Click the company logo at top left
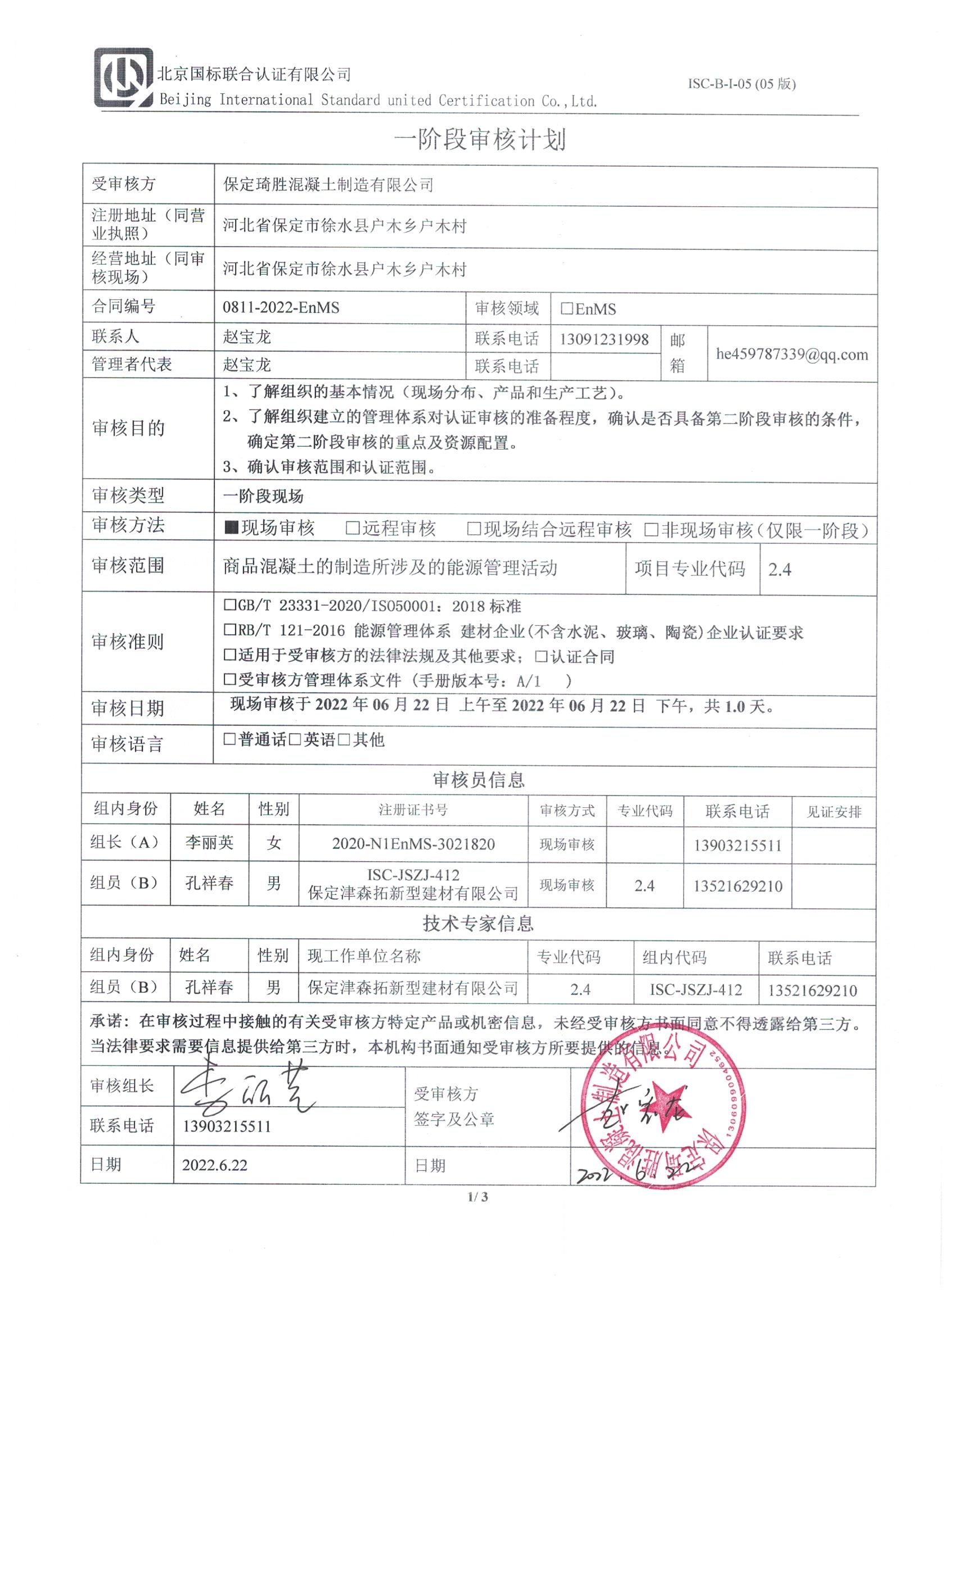click(124, 78)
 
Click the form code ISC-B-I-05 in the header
click(740, 84)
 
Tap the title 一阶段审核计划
click(479, 140)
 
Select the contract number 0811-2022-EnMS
click(281, 308)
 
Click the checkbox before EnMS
click(566, 309)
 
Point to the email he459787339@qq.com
click(792, 355)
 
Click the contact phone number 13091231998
click(604, 339)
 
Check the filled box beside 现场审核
click(231, 529)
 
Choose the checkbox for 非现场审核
click(651, 529)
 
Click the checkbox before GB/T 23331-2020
click(230, 604)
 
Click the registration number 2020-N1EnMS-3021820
click(413, 844)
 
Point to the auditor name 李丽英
click(210, 843)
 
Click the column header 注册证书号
click(413, 810)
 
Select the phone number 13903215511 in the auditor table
click(737, 846)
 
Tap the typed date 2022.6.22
click(215, 1165)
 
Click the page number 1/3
click(477, 1197)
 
